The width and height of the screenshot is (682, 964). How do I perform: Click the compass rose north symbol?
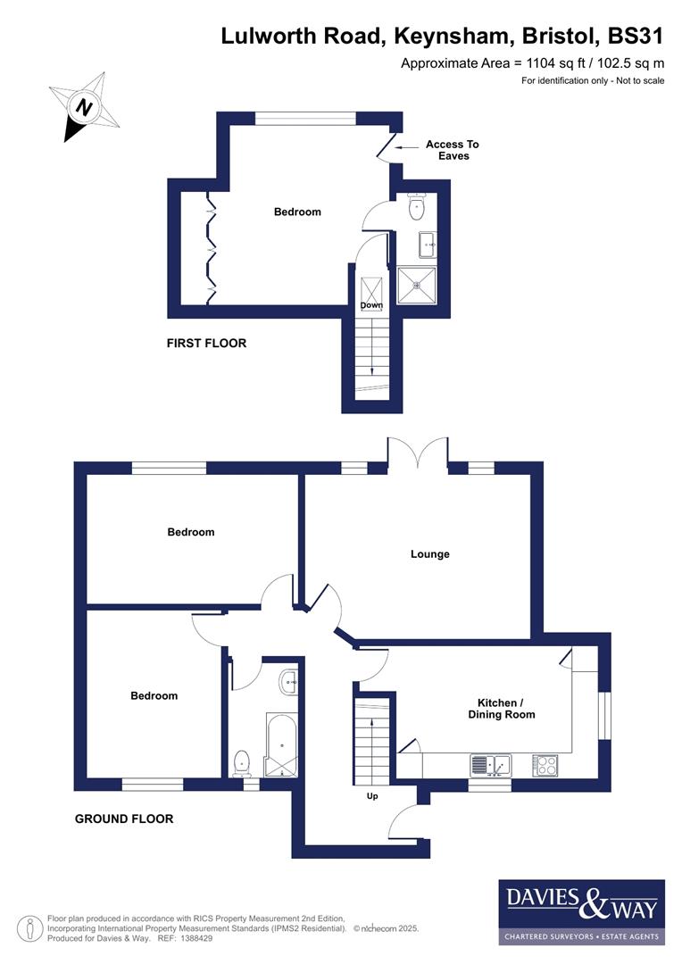(x=84, y=107)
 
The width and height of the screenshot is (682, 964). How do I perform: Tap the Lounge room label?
(x=429, y=554)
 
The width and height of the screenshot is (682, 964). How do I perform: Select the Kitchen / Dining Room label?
(x=502, y=708)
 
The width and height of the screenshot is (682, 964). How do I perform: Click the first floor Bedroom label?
(x=296, y=212)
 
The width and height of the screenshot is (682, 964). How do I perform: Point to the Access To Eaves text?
(x=453, y=150)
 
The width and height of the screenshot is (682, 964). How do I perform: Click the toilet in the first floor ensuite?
(x=416, y=207)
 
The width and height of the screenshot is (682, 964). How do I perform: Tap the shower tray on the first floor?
(x=417, y=286)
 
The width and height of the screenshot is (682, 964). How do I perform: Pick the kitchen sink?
(x=490, y=765)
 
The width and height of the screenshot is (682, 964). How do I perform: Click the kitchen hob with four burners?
(x=545, y=765)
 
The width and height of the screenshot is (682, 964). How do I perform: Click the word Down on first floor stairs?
(x=371, y=305)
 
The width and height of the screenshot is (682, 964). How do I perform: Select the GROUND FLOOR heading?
(x=124, y=819)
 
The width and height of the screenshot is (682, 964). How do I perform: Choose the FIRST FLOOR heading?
(x=206, y=343)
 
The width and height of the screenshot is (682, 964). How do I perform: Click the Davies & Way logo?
(x=581, y=911)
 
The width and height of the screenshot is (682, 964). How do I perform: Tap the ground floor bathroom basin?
(x=289, y=683)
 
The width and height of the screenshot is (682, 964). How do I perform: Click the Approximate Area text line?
(x=532, y=62)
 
